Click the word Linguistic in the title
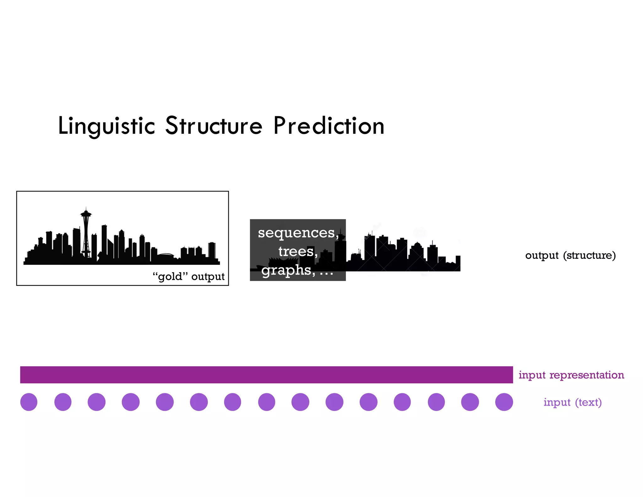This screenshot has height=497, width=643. [107, 126]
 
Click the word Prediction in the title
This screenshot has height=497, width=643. [329, 126]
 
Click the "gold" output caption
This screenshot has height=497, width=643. [188, 276]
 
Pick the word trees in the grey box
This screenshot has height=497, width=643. [296, 251]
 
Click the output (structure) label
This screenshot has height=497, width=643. [570, 255]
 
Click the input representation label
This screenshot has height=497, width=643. [571, 375]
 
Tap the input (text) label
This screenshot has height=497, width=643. [572, 402]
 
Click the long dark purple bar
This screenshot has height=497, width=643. [266, 375]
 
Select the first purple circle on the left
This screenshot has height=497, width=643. [29, 402]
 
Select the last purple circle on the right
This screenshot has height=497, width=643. [504, 402]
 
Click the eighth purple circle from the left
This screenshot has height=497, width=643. [267, 402]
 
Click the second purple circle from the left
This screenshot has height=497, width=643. [63, 402]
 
